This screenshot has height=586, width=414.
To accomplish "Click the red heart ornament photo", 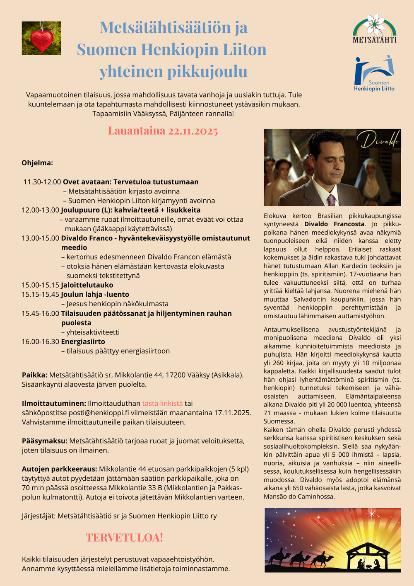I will pos(41,39).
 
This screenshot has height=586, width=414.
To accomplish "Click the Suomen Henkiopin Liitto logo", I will pos(374,73).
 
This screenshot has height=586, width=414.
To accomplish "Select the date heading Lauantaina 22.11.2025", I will pos(163,131).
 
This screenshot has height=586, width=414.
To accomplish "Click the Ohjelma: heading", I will pos(37,163).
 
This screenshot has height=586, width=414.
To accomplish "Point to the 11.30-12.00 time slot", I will pos(42,182).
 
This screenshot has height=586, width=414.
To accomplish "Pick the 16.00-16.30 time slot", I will pos(40,341).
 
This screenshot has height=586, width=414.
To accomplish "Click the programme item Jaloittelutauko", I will pos(87,285).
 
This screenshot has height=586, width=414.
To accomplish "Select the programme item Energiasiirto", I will pos(83,341).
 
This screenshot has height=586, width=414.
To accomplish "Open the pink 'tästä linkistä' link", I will pos(162,403).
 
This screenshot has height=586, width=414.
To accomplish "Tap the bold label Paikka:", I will pos(35,375).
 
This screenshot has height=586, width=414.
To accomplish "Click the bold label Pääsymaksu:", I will pos(45,441).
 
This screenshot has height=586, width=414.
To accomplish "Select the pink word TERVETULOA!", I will pos(124,538).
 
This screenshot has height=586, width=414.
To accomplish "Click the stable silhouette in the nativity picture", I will pos(368,557).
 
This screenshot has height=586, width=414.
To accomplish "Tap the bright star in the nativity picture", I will pos(371,514).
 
